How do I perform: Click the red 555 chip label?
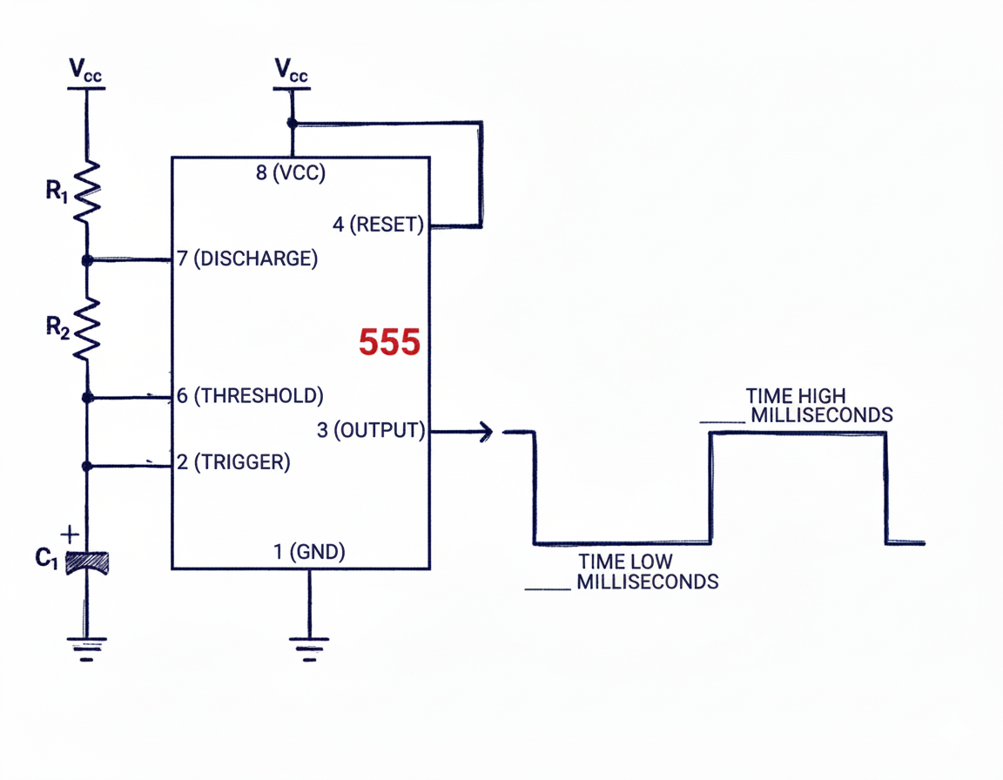point(389,343)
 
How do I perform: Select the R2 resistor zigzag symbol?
point(87,329)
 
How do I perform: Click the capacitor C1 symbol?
point(87,562)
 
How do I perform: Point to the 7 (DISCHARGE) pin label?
point(247,259)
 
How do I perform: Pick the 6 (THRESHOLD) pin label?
point(250,396)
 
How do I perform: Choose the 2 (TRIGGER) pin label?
point(233,462)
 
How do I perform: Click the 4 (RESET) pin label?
point(378,225)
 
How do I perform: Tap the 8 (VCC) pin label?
point(290,173)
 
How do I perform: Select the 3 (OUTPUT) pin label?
point(371,429)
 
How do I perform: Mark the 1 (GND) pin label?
point(309,551)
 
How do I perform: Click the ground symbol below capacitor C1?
point(87,649)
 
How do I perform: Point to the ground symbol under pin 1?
point(309,649)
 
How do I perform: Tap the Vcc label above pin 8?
point(291,71)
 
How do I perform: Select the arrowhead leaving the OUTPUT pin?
point(485,431)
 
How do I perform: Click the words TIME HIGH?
point(795,396)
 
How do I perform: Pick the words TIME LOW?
point(625,562)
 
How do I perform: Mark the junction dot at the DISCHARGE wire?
point(87,260)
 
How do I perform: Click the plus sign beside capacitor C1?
point(71,533)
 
